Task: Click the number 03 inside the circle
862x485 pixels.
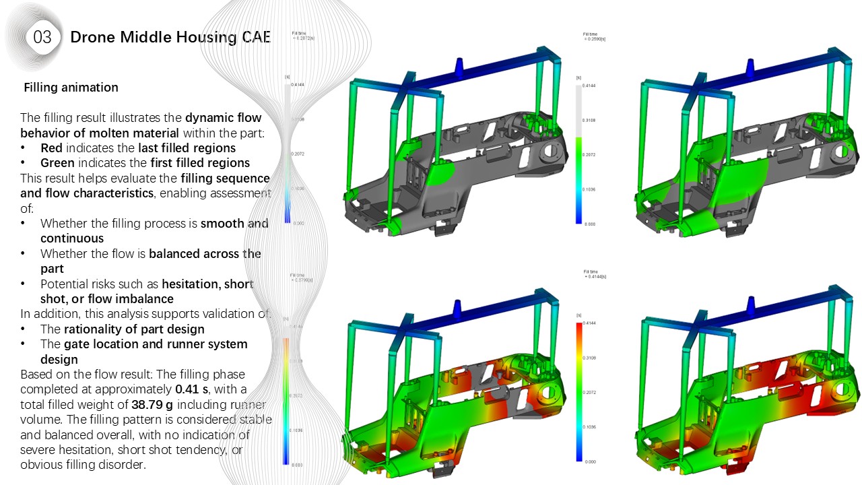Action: (42, 37)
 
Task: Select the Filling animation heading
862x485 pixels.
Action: (71, 88)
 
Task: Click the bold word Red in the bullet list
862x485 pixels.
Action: (51, 148)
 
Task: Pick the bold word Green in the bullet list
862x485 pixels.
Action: (57, 163)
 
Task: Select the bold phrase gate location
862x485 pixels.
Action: (100, 344)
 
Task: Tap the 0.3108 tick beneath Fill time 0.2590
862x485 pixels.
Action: (589, 121)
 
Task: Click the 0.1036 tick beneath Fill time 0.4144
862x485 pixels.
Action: (589, 427)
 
